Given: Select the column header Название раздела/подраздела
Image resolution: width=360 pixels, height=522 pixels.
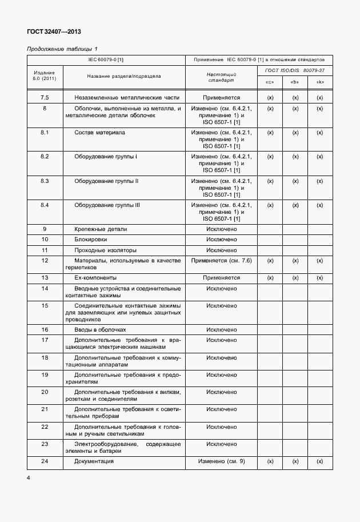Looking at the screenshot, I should click(124, 76).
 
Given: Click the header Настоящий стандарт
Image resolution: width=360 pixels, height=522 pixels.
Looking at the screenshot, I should click(221, 77).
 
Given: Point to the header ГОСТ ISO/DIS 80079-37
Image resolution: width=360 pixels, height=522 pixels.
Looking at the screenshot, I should click(294, 70).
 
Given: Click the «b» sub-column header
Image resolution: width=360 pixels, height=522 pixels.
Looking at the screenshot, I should click(295, 82).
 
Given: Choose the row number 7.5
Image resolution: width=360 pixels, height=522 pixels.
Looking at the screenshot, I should click(45, 98).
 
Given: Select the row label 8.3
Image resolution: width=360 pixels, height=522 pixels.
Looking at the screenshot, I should click(45, 181).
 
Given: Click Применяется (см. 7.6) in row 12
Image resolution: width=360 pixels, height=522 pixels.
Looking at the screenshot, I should click(221, 261).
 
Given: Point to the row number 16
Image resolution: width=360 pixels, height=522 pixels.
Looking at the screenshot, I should click(45, 330).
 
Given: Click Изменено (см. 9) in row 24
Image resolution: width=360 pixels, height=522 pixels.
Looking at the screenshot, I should click(221, 461).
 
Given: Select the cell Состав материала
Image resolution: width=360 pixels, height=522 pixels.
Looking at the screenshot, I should click(99, 133).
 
